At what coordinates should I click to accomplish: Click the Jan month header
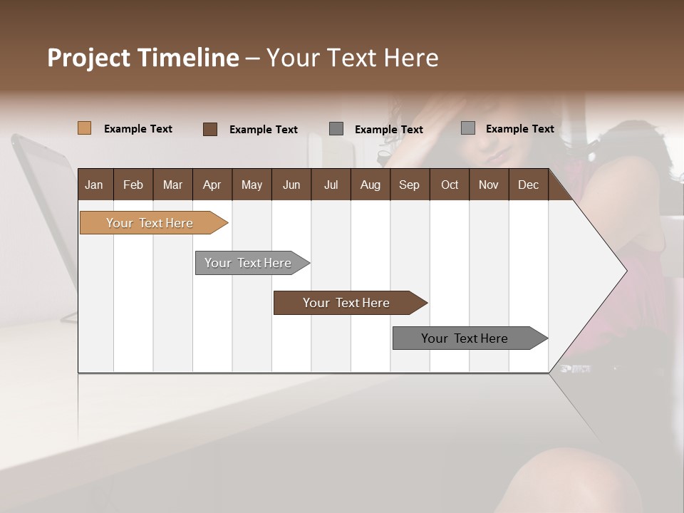click(x=95, y=185)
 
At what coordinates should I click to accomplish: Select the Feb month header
click(x=133, y=185)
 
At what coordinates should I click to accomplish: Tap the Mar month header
click(x=172, y=185)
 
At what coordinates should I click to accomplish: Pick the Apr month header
click(x=212, y=185)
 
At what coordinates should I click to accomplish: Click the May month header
click(x=252, y=185)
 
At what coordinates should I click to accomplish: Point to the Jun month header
click(x=291, y=185)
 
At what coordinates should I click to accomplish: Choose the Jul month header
click(x=331, y=185)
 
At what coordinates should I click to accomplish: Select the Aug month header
click(x=370, y=185)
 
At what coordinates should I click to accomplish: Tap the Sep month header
click(x=410, y=185)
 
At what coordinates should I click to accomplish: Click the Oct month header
click(x=450, y=185)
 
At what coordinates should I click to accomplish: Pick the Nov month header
click(x=489, y=185)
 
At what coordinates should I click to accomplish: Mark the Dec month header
click(x=529, y=185)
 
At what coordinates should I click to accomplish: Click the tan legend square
click(x=84, y=128)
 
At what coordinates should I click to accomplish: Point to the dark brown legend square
click(x=209, y=129)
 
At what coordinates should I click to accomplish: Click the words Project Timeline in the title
click(x=143, y=58)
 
